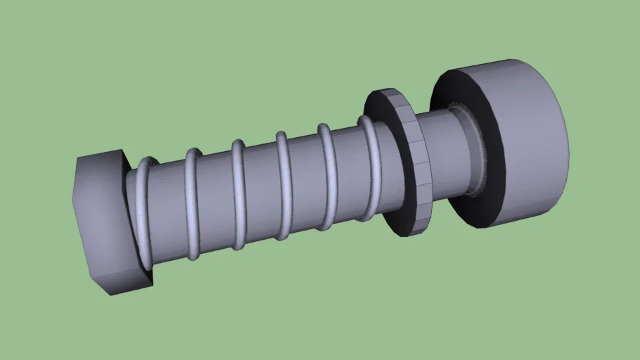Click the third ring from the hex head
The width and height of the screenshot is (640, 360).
click(238, 195)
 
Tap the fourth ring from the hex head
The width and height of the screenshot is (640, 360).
click(283, 186)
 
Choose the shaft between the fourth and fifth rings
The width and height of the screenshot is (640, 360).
click(305, 181)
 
